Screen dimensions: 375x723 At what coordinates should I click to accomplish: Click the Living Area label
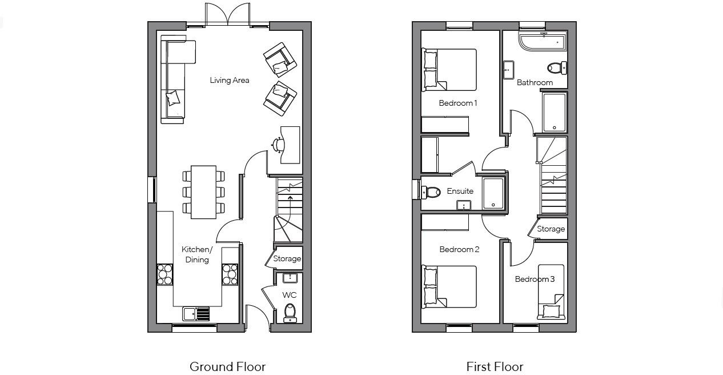(x=229, y=81)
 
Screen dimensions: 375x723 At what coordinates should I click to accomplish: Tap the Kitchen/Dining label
(x=196, y=254)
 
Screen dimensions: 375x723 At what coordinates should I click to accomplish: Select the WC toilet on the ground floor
(x=290, y=312)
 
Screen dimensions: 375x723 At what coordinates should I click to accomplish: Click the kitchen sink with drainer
(x=196, y=314)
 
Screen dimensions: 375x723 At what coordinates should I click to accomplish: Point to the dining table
(x=203, y=192)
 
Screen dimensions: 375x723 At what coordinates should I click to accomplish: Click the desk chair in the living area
(x=278, y=145)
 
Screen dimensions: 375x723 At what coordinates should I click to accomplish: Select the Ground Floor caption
(x=227, y=366)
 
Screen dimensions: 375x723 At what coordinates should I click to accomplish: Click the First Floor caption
(x=495, y=366)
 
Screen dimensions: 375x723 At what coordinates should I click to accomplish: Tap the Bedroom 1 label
(x=458, y=103)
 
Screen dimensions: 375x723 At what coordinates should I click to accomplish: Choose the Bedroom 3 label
(x=535, y=280)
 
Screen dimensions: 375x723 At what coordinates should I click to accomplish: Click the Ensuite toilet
(x=432, y=192)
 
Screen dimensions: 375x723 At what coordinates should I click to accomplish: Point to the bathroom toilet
(x=556, y=68)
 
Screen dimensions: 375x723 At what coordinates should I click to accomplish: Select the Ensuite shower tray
(x=493, y=193)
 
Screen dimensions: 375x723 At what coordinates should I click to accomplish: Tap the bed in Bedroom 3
(x=551, y=292)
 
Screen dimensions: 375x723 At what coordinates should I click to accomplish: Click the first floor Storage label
(x=551, y=229)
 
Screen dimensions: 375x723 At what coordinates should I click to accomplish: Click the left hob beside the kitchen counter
(x=165, y=274)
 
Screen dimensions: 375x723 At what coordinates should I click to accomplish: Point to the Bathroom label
(x=535, y=83)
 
